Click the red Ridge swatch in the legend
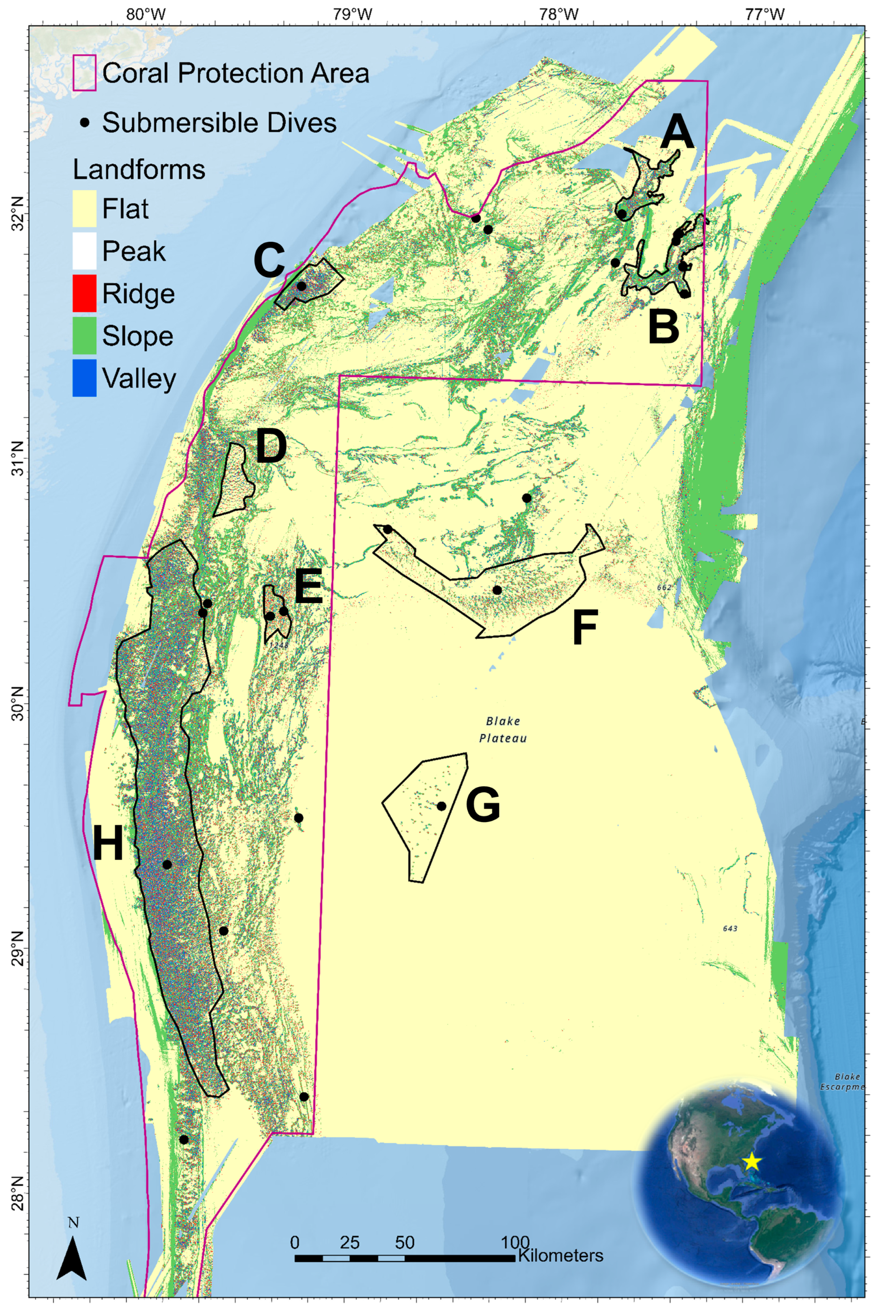pos(84,294)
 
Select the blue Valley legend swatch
pos(84,378)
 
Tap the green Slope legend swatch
pos(84,336)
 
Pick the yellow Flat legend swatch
pos(84,209)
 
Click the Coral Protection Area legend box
pos(84,74)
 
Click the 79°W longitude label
pos(353,14)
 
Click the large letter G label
pos(483,805)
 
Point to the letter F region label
pos(585,628)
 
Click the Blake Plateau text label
pos(503,729)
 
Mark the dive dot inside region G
pos(442,806)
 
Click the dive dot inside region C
pos(302,286)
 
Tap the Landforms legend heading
pos(139,169)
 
